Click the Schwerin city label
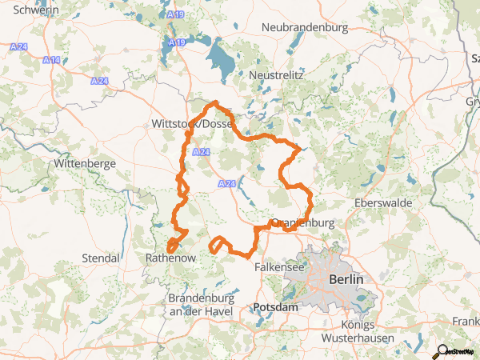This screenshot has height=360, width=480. click(x=36, y=10)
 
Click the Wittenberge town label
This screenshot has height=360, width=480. click(x=85, y=163)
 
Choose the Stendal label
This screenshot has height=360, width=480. click(x=101, y=258)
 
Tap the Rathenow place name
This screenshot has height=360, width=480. click(x=170, y=258)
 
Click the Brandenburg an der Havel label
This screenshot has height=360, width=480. click(x=200, y=304)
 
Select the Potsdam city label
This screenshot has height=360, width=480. click(x=275, y=307)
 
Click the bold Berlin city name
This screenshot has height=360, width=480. click(x=346, y=280)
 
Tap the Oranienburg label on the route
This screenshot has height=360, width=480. click(x=302, y=223)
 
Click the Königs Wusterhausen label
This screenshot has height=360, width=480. click(x=357, y=332)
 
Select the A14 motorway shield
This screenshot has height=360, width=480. click(x=52, y=61)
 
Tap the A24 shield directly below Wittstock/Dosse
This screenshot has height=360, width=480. click(x=202, y=152)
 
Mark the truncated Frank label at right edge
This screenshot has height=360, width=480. click(x=466, y=321)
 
